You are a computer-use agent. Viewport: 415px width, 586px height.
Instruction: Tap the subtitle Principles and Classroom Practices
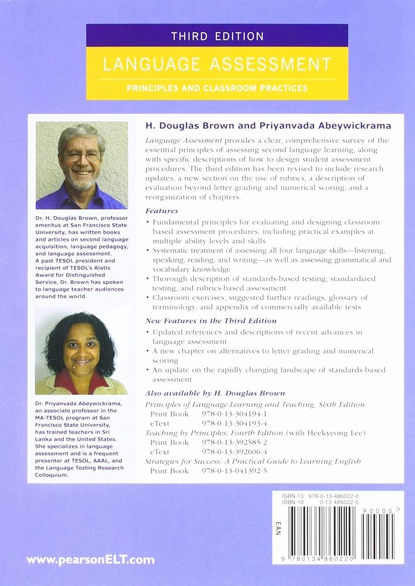217,88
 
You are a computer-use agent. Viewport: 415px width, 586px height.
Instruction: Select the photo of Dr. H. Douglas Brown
81,165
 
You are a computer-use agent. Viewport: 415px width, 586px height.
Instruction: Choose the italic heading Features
161,210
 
